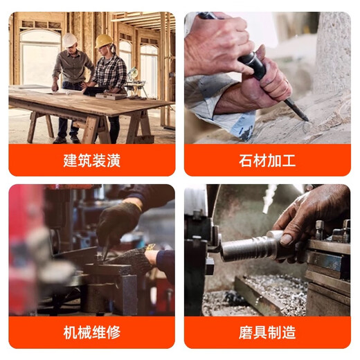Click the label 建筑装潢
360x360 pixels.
tap(91, 161)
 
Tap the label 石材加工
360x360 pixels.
tap(267, 161)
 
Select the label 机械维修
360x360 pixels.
tap(91, 332)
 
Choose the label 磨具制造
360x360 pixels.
tap(267, 332)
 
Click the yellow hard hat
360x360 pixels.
tap(104, 42)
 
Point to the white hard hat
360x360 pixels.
tap(70, 40)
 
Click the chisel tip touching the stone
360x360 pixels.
tap(304, 118)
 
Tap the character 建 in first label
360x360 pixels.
tap(68, 161)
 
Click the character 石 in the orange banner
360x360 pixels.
tap(244, 161)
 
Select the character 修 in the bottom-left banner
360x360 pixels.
tap(114, 332)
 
